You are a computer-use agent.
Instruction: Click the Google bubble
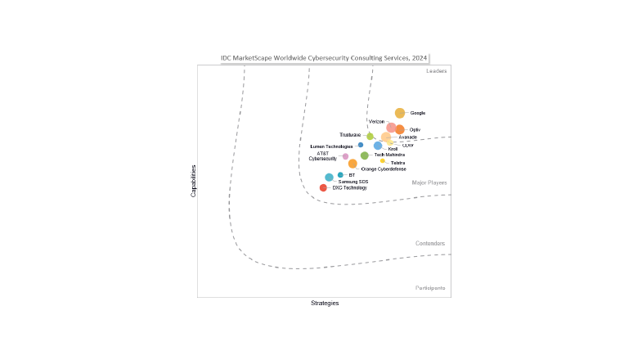(x=400, y=113)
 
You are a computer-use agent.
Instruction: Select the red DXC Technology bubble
(x=323, y=187)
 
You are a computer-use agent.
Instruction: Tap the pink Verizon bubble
(x=392, y=128)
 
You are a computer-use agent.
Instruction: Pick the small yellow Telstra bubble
(x=383, y=161)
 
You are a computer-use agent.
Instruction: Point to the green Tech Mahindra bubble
(x=365, y=155)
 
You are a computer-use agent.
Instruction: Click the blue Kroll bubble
(x=378, y=146)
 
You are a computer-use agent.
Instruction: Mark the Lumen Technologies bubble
(x=361, y=145)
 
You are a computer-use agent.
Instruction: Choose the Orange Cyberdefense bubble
(x=352, y=164)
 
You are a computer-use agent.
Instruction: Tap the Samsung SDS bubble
(x=329, y=178)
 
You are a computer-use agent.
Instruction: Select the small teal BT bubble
(x=340, y=174)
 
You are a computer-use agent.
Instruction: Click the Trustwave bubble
(x=370, y=136)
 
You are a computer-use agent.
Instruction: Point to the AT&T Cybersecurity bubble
(x=345, y=156)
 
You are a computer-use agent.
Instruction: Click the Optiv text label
(x=415, y=129)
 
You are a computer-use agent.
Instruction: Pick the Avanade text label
(x=407, y=137)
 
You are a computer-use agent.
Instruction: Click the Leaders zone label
(x=436, y=71)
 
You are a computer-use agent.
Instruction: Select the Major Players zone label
(x=429, y=182)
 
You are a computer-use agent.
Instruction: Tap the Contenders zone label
(x=430, y=243)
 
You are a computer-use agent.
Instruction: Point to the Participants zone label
(x=430, y=288)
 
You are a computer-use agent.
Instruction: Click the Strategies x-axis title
(x=325, y=303)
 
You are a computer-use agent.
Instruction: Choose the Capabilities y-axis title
(x=194, y=181)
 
